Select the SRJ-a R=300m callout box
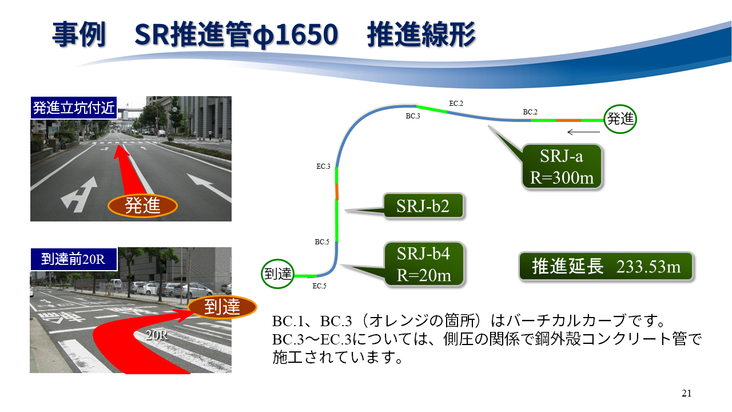point(562,167)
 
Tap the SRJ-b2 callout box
point(424,205)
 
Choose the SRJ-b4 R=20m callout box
point(424,264)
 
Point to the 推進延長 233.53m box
point(606,267)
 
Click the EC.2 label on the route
point(456,104)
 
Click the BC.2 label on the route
point(530,112)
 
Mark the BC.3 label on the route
point(413,116)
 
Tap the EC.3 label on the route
point(323,167)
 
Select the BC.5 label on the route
point(322,242)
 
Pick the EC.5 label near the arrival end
point(319,286)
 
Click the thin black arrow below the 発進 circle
point(584,132)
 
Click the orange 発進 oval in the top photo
point(142,206)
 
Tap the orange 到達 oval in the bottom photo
point(222,307)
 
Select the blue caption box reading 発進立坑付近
point(74,108)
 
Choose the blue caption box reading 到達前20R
point(74,259)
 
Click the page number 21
point(687,393)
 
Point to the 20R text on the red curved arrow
point(157,335)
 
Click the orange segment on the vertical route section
point(337,192)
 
